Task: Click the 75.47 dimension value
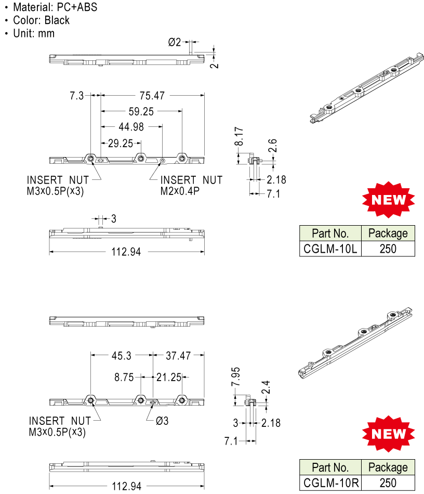click(152, 96)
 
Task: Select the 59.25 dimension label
click(141, 111)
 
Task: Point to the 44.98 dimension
click(131, 127)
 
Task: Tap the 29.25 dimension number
click(121, 144)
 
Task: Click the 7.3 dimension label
click(77, 96)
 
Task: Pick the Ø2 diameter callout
click(175, 42)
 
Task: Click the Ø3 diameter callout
click(162, 421)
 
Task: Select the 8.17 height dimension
click(239, 136)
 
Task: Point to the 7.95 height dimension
click(236, 376)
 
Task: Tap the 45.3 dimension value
click(122, 356)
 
